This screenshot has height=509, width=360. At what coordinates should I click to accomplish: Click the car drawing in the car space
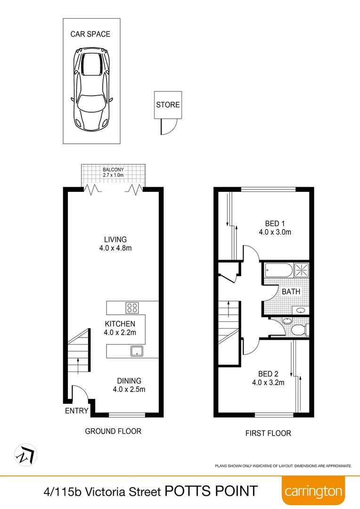click(91, 89)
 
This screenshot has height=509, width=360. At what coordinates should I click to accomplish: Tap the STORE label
click(168, 105)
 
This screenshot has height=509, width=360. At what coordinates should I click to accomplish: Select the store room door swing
click(169, 126)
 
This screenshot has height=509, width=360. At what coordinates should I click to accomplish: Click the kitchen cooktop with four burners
click(132, 308)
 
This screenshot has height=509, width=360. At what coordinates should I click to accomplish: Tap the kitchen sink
click(137, 351)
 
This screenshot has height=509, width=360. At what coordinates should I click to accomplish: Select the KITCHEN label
click(120, 324)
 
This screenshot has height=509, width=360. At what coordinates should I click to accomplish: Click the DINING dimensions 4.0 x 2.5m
click(129, 389)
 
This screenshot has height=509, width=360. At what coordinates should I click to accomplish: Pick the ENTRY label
click(77, 411)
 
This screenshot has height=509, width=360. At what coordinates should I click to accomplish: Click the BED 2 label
click(268, 374)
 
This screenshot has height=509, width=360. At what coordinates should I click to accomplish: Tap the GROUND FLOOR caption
click(113, 431)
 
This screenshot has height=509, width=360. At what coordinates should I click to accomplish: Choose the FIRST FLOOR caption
click(268, 433)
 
